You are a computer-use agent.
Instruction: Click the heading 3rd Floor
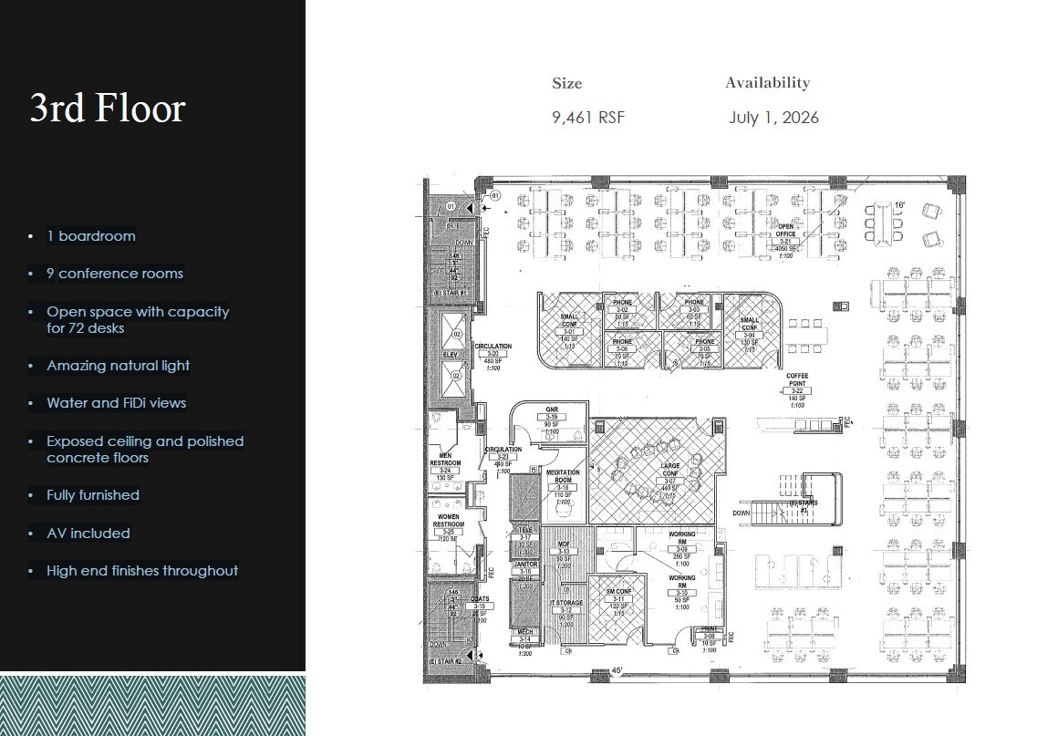coord(108,109)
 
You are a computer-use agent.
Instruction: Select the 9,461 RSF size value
coord(588,118)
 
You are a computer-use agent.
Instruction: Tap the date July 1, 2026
coord(773,118)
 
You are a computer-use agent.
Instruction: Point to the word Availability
coord(767,83)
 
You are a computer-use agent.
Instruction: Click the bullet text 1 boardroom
coord(91,236)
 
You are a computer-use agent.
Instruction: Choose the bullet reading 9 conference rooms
coord(115,274)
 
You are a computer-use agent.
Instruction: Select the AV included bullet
coord(88,534)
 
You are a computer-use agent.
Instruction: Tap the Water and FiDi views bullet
coord(117,403)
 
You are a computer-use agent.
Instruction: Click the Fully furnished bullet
coord(93,495)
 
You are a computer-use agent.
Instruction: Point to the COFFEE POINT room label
coord(797,379)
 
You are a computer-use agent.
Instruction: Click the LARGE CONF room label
coord(670,471)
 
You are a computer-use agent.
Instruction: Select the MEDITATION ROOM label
coord(563,476)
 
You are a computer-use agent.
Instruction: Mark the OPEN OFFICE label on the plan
coord(785,230)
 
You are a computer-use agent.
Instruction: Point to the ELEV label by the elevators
coord(450,355)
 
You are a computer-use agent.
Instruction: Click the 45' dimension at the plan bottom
coord(617,672)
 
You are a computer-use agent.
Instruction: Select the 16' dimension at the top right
coord(898,207)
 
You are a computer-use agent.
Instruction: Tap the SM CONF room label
coord(619,591)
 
